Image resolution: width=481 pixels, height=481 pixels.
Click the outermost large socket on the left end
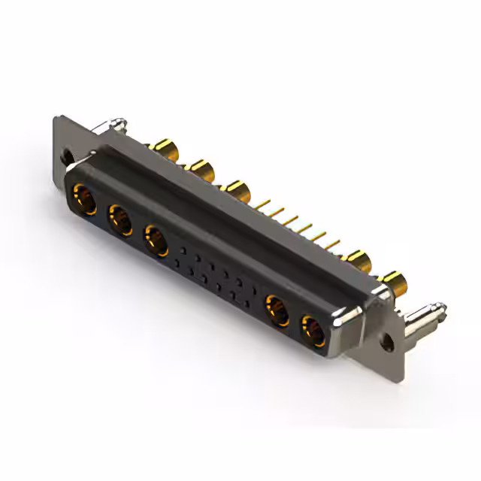point(83,200)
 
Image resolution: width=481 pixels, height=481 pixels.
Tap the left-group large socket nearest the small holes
point(156,241)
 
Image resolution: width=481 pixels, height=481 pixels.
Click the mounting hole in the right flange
point(389,340)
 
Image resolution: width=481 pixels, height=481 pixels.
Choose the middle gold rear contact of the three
point(201,170)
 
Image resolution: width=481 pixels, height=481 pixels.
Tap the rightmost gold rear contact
point(395,283)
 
